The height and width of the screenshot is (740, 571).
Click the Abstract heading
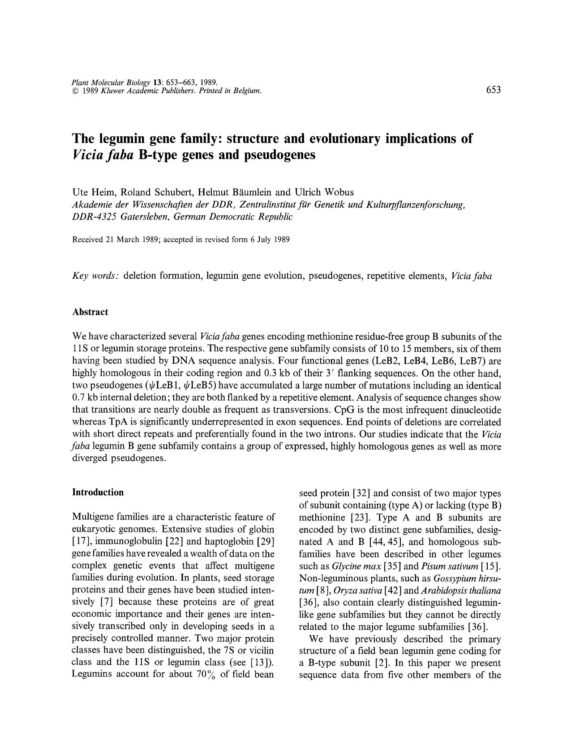90,312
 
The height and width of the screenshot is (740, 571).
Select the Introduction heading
98,492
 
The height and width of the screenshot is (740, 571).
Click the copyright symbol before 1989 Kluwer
75,91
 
